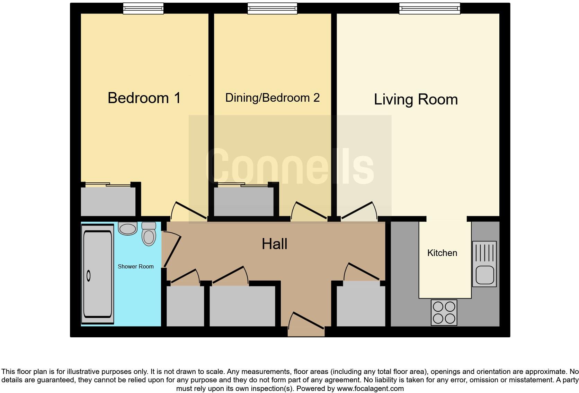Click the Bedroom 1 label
pos(144,98)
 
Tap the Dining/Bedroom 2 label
pos(272,98)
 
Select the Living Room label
pos(416,100)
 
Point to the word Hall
pos(274,244)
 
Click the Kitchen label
pos(442,253)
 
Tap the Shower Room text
pos(135,266)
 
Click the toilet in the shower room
pos(149,234)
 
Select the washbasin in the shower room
pos(128,228)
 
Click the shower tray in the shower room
pos(98,274)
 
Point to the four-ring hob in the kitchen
pos(444,312)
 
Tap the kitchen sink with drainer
pos(484,264)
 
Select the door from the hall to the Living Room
pos(359,210)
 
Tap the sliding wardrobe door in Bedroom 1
pos(108,185)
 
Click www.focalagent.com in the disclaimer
pos(370,389)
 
